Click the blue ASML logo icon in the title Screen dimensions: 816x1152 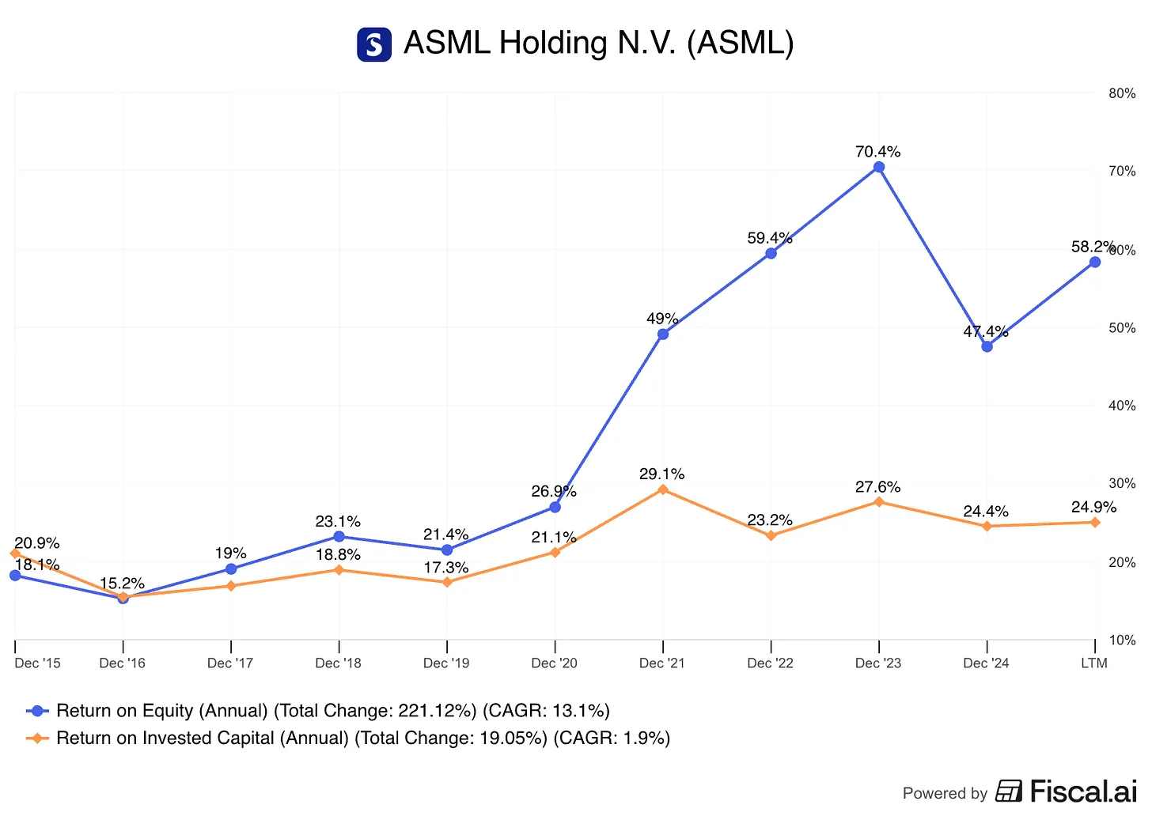coord(374,44)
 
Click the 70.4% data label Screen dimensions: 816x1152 coord(877,152)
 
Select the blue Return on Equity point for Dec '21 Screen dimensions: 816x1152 coord(663,334)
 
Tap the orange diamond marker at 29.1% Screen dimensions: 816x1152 coord(663,489)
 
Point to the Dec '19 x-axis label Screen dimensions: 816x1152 coord(446,663)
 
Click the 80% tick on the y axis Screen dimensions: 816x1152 coord(1122,93)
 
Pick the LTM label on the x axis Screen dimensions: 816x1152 coord(1094,663)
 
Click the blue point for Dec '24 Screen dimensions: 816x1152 coord(987,346)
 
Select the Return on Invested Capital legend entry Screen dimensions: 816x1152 coord(348,738)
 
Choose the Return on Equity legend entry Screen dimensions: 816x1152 coord(318,711)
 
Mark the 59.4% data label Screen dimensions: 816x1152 coord(770,238)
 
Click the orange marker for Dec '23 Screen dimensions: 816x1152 coord(878,502)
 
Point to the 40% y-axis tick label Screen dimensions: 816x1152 coord(1122,406)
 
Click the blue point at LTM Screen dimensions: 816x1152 coord(1095,262)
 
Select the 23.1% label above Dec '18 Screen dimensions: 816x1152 coord(338,522)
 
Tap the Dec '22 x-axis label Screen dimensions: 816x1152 coord(770,663)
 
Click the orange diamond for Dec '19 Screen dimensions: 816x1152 coord(447,582)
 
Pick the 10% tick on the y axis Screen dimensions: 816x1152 coord(1122,640)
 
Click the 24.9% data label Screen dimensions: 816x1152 coord(1093,508)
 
